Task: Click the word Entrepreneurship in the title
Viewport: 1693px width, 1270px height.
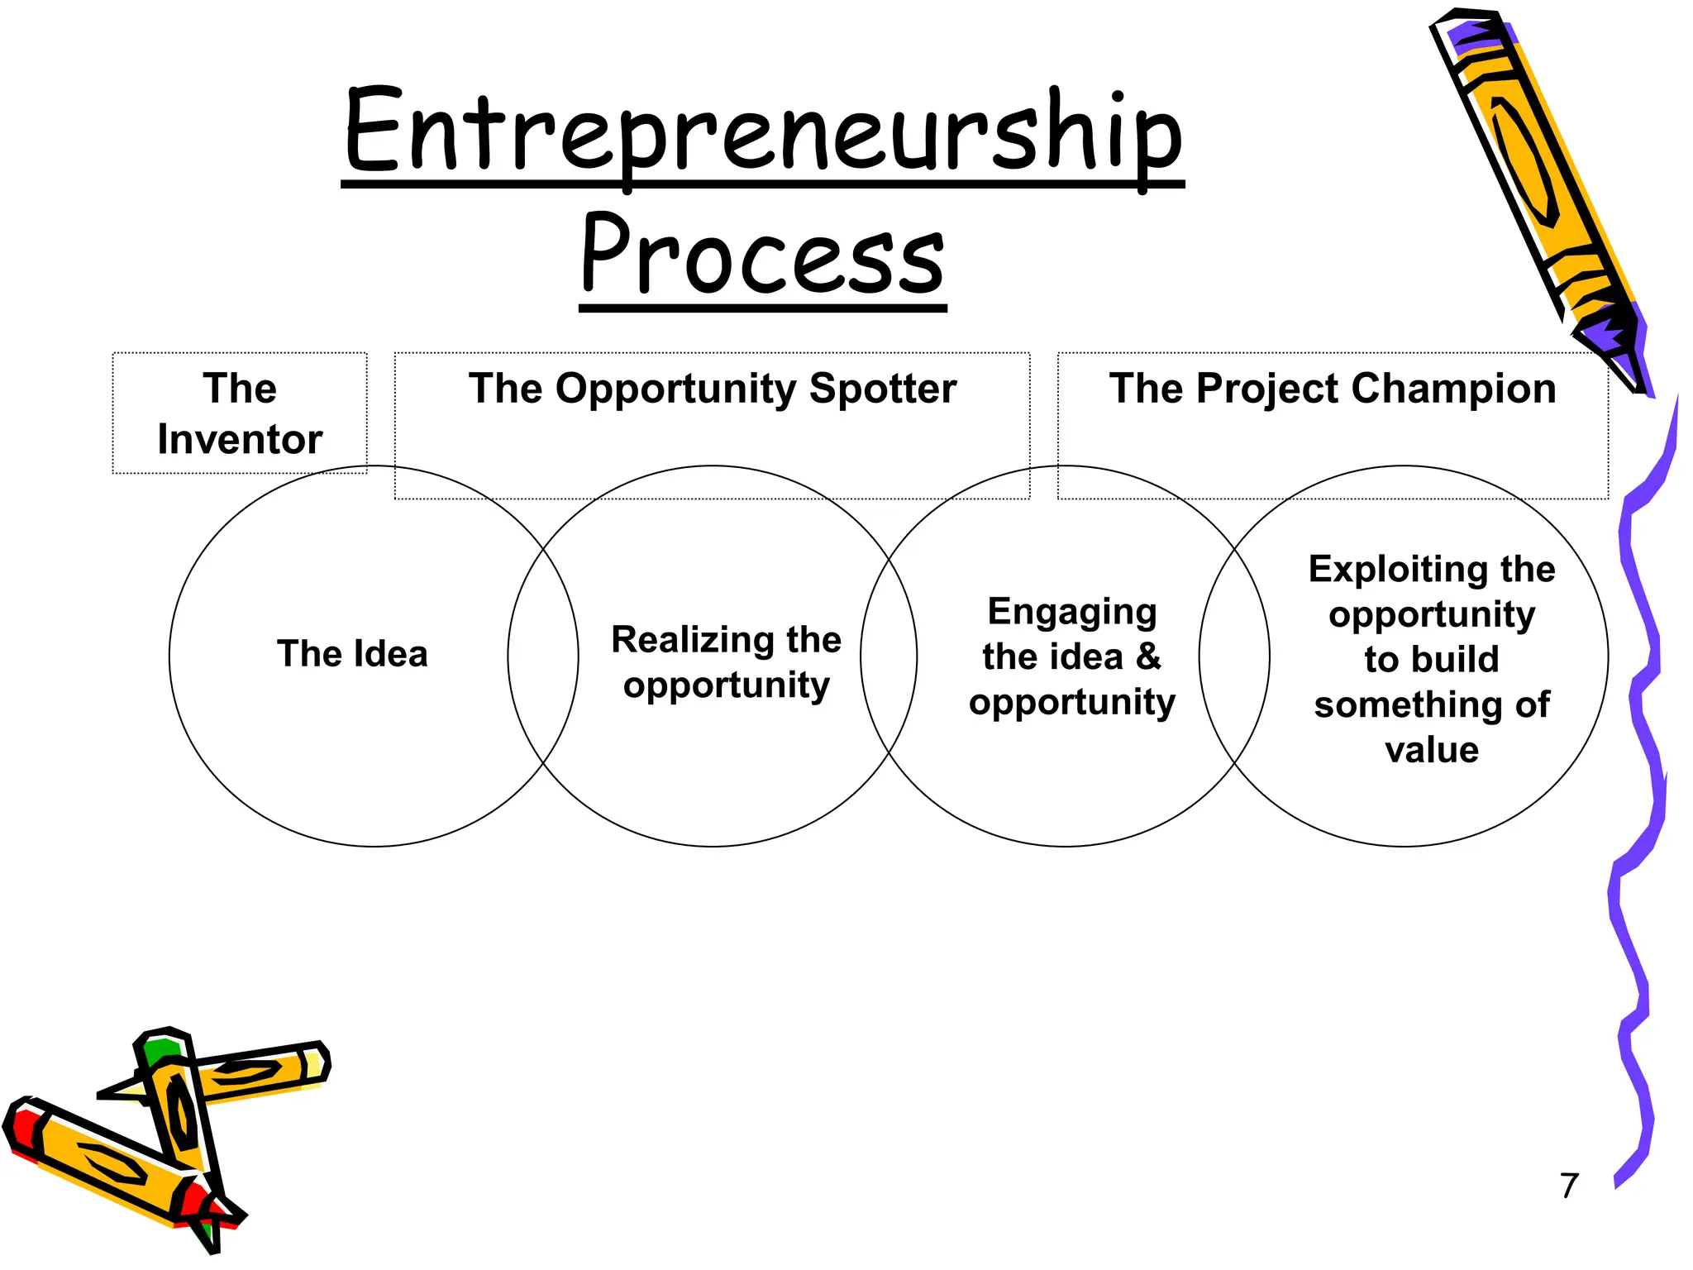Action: (763, 132)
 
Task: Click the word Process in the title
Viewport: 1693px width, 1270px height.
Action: (762, 255)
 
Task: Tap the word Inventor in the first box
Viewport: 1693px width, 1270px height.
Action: (240, 439)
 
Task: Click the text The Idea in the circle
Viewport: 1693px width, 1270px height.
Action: (353, 654)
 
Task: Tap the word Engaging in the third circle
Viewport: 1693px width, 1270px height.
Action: (1072, 612)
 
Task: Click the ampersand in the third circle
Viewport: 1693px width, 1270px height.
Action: (1148, 657)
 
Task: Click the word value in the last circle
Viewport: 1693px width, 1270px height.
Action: (1432, 750)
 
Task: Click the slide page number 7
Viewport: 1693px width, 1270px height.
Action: (1569, 1185)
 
